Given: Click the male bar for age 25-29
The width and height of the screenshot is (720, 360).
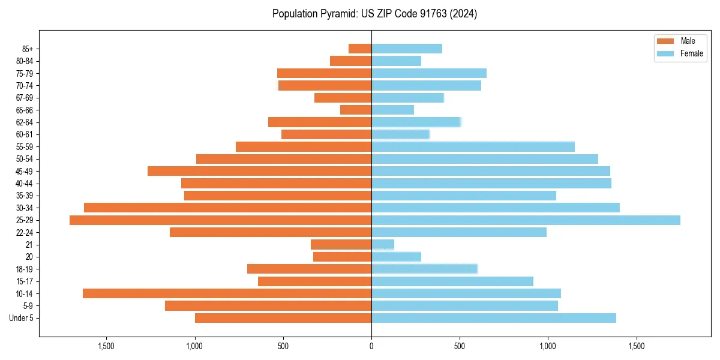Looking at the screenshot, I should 220,220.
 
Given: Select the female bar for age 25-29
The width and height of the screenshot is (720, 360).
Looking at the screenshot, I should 526,220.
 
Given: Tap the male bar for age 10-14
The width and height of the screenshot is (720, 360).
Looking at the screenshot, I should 227,293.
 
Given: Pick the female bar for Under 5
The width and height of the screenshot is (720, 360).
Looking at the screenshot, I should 493,318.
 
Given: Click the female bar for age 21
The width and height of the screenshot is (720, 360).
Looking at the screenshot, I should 383,245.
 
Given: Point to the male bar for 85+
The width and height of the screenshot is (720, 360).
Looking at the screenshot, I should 360,49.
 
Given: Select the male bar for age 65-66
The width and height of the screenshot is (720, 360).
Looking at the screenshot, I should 356,110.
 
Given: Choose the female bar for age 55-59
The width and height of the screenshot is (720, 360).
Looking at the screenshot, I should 473,146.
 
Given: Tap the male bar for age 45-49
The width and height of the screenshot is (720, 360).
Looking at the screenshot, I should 259,171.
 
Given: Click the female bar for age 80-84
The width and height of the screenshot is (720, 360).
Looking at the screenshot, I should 396,61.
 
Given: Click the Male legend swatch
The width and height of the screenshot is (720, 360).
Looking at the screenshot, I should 666,41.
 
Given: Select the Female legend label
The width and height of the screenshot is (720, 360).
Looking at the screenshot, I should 692,53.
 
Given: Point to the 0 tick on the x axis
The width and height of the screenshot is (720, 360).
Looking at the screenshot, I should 371,346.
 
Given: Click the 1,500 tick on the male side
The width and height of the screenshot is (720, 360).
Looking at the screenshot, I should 106,346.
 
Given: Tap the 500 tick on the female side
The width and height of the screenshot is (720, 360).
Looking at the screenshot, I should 460,346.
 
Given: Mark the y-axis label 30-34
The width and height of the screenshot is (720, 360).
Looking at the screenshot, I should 25,208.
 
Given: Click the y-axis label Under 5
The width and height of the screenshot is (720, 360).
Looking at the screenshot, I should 22,318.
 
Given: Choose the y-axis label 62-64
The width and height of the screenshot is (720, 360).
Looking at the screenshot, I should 25,122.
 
